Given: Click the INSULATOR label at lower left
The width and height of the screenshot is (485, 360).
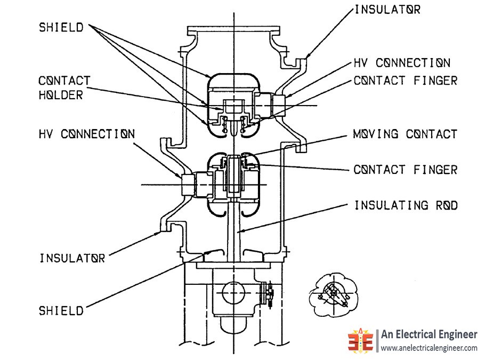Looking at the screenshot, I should click(x=72, y=259).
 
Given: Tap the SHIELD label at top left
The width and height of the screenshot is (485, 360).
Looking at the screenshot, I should click(x=61, y=28).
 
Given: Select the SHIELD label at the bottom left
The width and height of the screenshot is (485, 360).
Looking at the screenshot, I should click(x=61, y=310).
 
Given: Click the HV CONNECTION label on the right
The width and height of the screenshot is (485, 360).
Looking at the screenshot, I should click(x=402, y=63).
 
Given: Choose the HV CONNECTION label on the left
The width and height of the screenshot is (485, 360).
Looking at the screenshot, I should click(x=86, y=133).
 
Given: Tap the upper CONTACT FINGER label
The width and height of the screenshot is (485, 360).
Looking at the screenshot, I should click(x=406, y=81).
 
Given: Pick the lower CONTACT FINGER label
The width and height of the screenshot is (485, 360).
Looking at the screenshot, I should click(x=406, y=170).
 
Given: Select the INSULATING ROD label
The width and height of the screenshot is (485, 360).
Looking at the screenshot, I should click(x=406, y=205).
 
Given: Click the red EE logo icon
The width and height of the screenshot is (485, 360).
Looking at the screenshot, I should click(x=362, y=340).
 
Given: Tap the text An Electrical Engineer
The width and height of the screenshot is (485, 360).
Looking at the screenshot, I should click(x=429, y=334).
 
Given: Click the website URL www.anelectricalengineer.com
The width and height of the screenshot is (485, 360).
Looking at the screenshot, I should click(x=429, y=348).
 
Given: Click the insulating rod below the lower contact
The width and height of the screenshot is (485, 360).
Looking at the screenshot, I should click(x=234, y=229).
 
